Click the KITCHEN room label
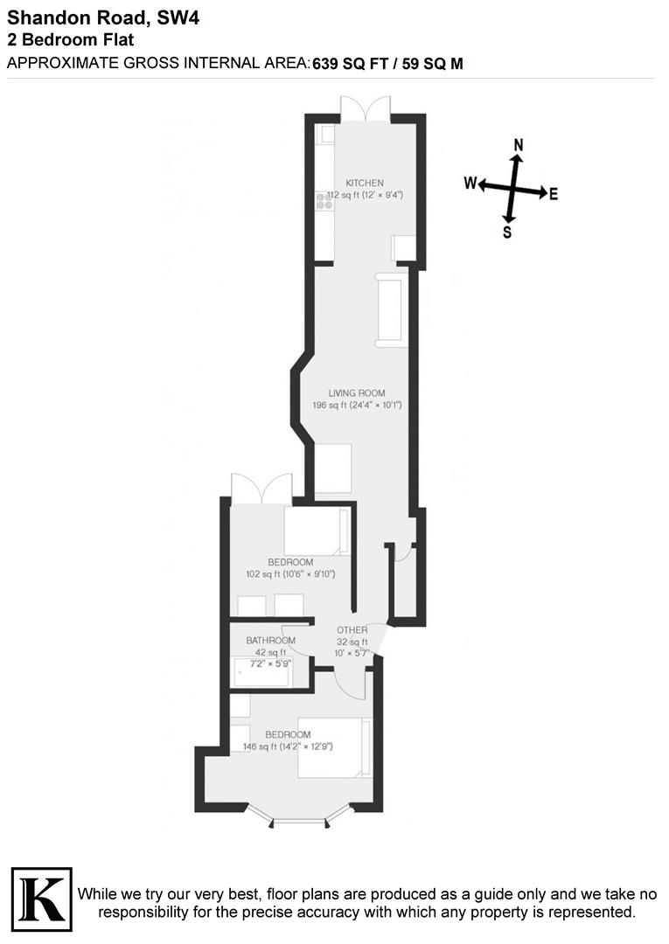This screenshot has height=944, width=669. click(364, 183)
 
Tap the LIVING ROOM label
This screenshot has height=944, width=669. click(357, 393)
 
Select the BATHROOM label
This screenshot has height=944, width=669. click(270, 641)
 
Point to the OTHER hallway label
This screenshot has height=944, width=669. click(352, 629)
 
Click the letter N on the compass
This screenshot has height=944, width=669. click(518, 145)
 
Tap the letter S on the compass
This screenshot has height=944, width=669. click(507, 233)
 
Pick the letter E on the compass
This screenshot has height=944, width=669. click(554, 194)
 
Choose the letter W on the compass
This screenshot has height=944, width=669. click(470, 184)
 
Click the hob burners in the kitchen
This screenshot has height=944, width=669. click(325, 200)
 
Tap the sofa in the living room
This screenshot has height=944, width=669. click(390, 309)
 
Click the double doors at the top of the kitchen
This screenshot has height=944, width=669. click(365, 109)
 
